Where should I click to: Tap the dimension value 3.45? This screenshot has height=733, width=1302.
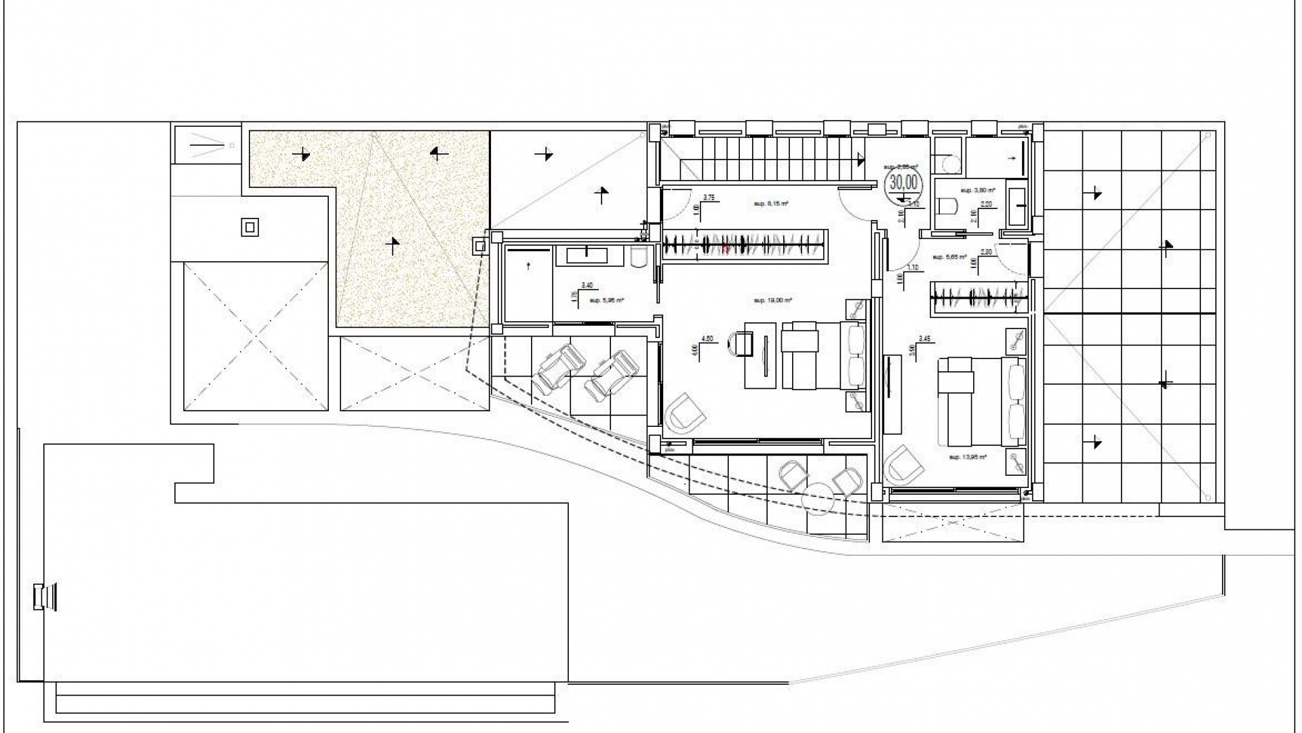tap(924, 338)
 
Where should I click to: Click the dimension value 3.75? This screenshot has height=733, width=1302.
tap(709, 198)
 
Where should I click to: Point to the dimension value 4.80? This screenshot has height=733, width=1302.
tap(707, 339)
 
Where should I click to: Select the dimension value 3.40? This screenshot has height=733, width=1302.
tap(587, 286)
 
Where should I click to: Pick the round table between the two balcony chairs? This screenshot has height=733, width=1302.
tap(816, 498)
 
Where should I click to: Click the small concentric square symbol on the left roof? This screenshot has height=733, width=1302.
tap(250, 227)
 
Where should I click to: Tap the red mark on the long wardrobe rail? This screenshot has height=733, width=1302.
tap(726, 249)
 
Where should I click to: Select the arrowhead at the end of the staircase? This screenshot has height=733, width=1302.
tap(861, 159)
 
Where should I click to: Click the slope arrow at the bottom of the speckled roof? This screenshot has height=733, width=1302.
tap(392, 244)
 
